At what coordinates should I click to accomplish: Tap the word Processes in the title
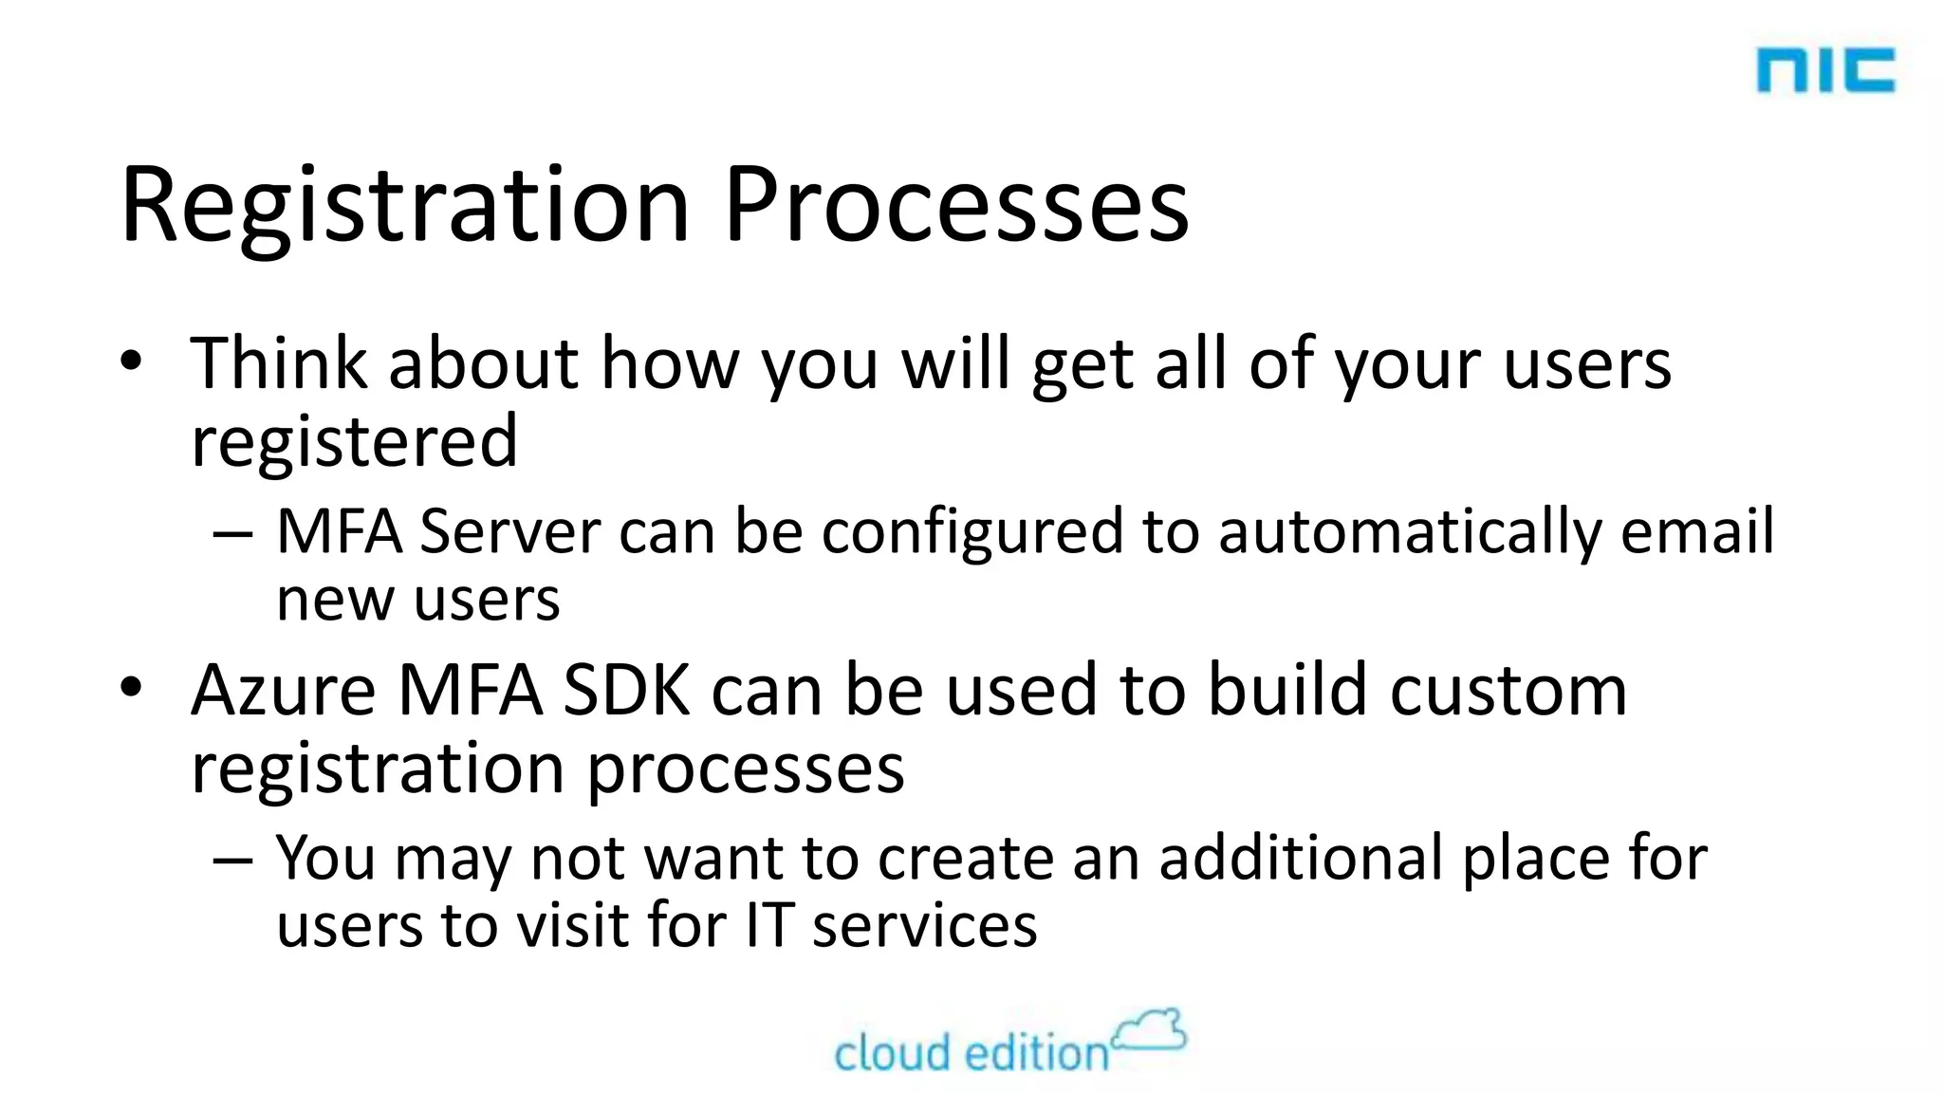[955, 207]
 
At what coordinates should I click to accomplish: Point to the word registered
[354, 441]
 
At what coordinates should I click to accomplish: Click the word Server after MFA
[509, 531]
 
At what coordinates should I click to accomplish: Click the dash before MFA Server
[232, 534]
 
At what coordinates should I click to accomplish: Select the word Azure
[284, 690]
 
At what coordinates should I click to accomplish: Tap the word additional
[1301, 858]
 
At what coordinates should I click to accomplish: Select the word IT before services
[768, 925]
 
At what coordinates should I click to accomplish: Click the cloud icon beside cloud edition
[1150, 1031]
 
